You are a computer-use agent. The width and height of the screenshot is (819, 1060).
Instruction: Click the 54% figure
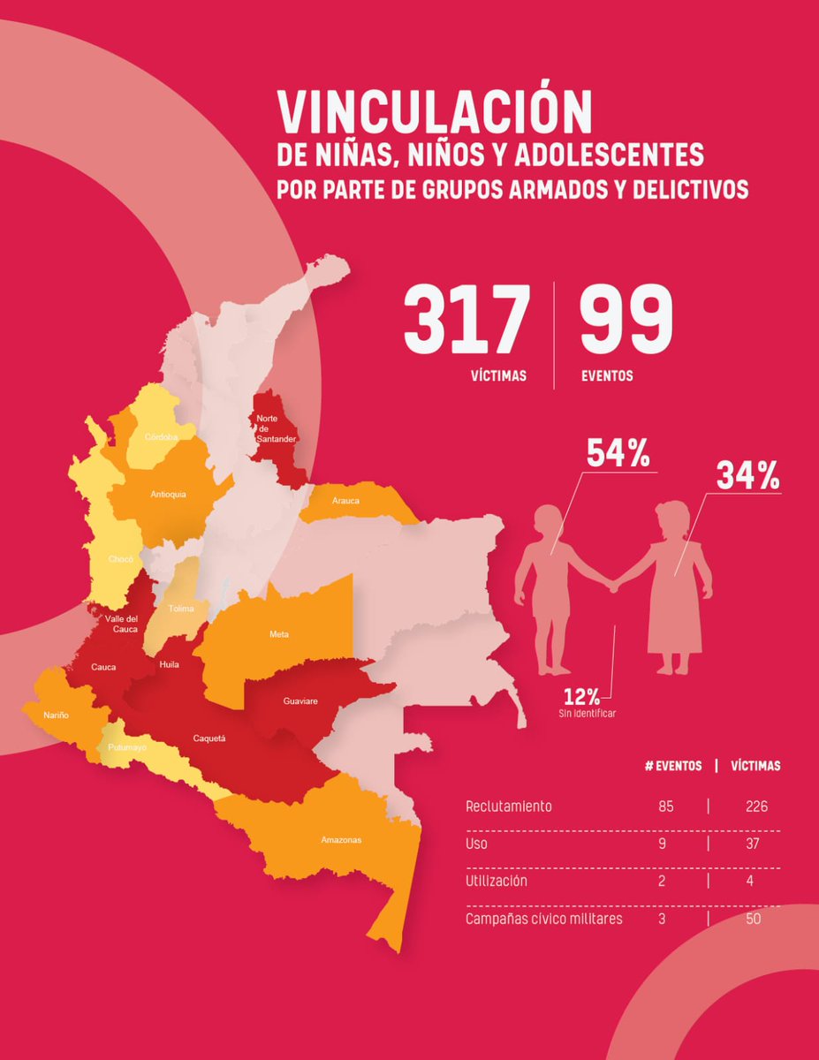coord(618,453)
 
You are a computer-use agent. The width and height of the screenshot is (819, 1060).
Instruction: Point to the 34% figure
coord(748,476)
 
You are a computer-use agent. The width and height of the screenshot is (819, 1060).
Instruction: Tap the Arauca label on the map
coord(345,501)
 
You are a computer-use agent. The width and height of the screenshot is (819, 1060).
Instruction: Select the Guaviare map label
coord(300,700)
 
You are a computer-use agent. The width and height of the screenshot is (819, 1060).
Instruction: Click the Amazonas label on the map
coord(341,839)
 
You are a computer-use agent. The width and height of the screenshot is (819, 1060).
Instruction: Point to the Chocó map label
coord(121,559)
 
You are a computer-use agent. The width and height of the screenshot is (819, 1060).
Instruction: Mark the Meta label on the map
coord(279,634)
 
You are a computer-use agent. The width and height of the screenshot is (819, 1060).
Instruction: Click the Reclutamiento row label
coord(508,806)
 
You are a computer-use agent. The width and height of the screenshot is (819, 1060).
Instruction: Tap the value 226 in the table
coord(755,806)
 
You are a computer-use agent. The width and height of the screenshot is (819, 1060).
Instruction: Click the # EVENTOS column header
coord(673,766)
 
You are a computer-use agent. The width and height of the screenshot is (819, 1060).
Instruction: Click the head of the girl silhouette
coord(672,517)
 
